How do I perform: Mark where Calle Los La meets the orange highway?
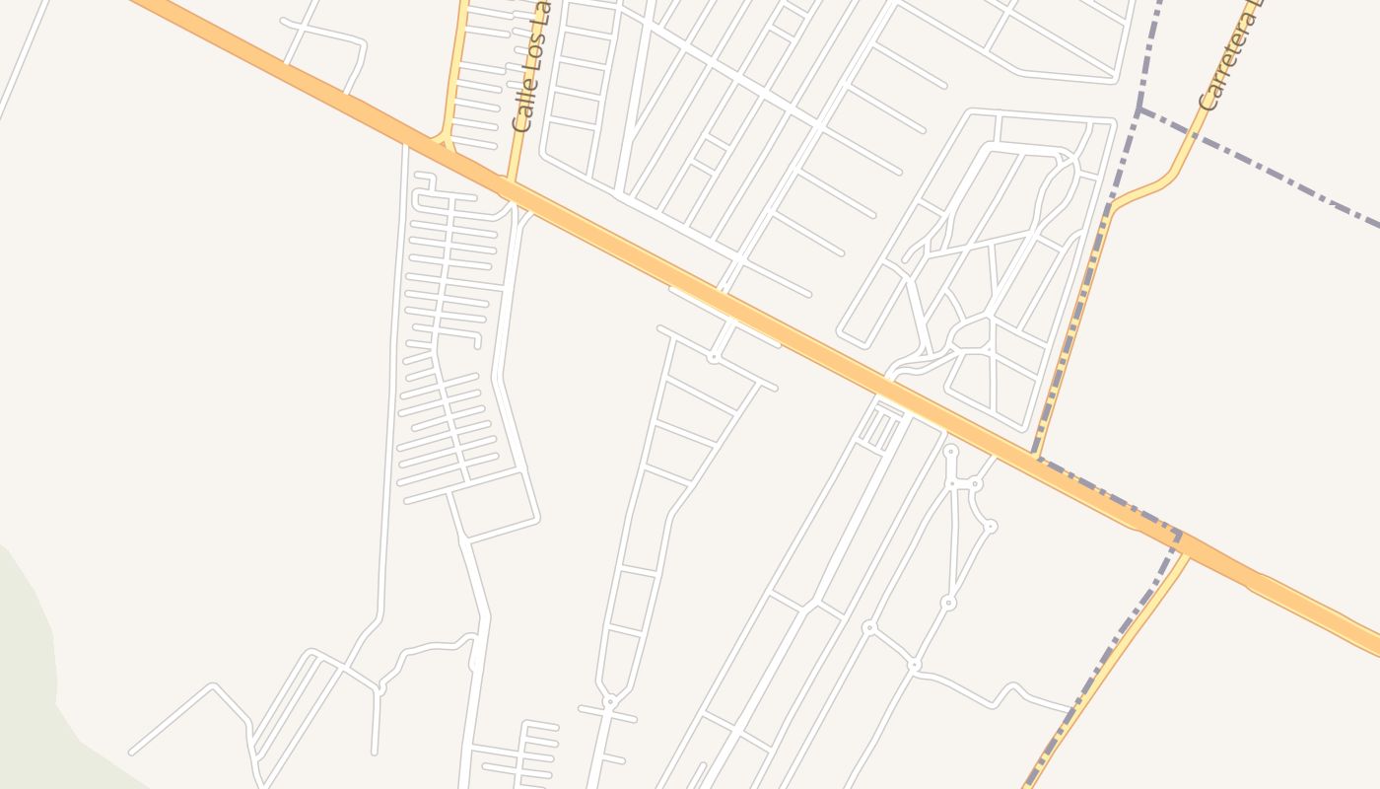click(511, 184)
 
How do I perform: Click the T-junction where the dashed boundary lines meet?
click(1140, 108)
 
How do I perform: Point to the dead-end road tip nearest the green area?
click(131, 753)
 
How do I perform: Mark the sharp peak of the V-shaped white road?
click(213, 684)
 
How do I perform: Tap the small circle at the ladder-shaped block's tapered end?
click(610, 701)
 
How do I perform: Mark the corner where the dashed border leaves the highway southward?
click(1178, 538)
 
